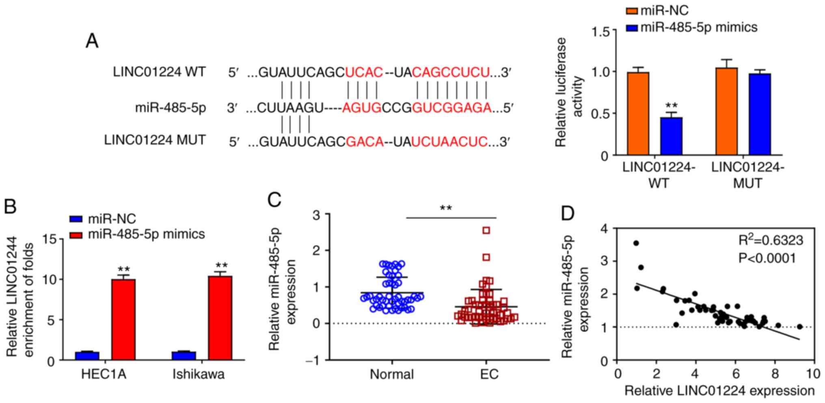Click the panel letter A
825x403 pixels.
92,41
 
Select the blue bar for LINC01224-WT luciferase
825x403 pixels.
671,136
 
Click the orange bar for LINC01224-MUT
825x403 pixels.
726,111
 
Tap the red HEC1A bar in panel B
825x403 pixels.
123,319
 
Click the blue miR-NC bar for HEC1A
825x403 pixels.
87,356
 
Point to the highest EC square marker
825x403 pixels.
486,231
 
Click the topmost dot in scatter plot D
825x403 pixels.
636,243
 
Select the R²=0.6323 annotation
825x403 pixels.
770,241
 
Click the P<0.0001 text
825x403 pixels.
767,258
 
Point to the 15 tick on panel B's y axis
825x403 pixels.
50,239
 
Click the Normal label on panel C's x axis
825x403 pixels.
392,374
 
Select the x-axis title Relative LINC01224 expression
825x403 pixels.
719,391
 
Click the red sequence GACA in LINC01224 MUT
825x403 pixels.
365,142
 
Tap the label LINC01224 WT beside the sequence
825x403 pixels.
159,72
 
